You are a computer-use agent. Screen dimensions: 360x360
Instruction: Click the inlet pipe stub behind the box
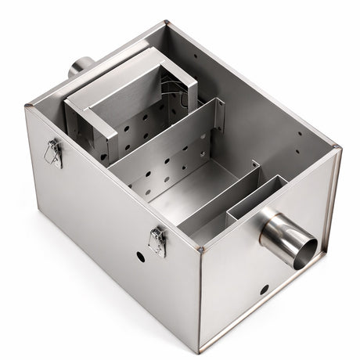(x=79, y=65)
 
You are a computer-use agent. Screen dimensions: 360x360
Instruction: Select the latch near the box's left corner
(x=52, y=153)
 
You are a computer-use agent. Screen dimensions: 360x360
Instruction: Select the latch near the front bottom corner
(x=157, y=241)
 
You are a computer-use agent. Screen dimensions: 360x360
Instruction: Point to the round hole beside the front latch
(x=140, y=256)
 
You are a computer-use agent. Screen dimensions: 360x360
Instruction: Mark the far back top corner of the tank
(x=167, y=24)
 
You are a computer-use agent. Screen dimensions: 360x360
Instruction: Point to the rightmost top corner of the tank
(x=338, y=147)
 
